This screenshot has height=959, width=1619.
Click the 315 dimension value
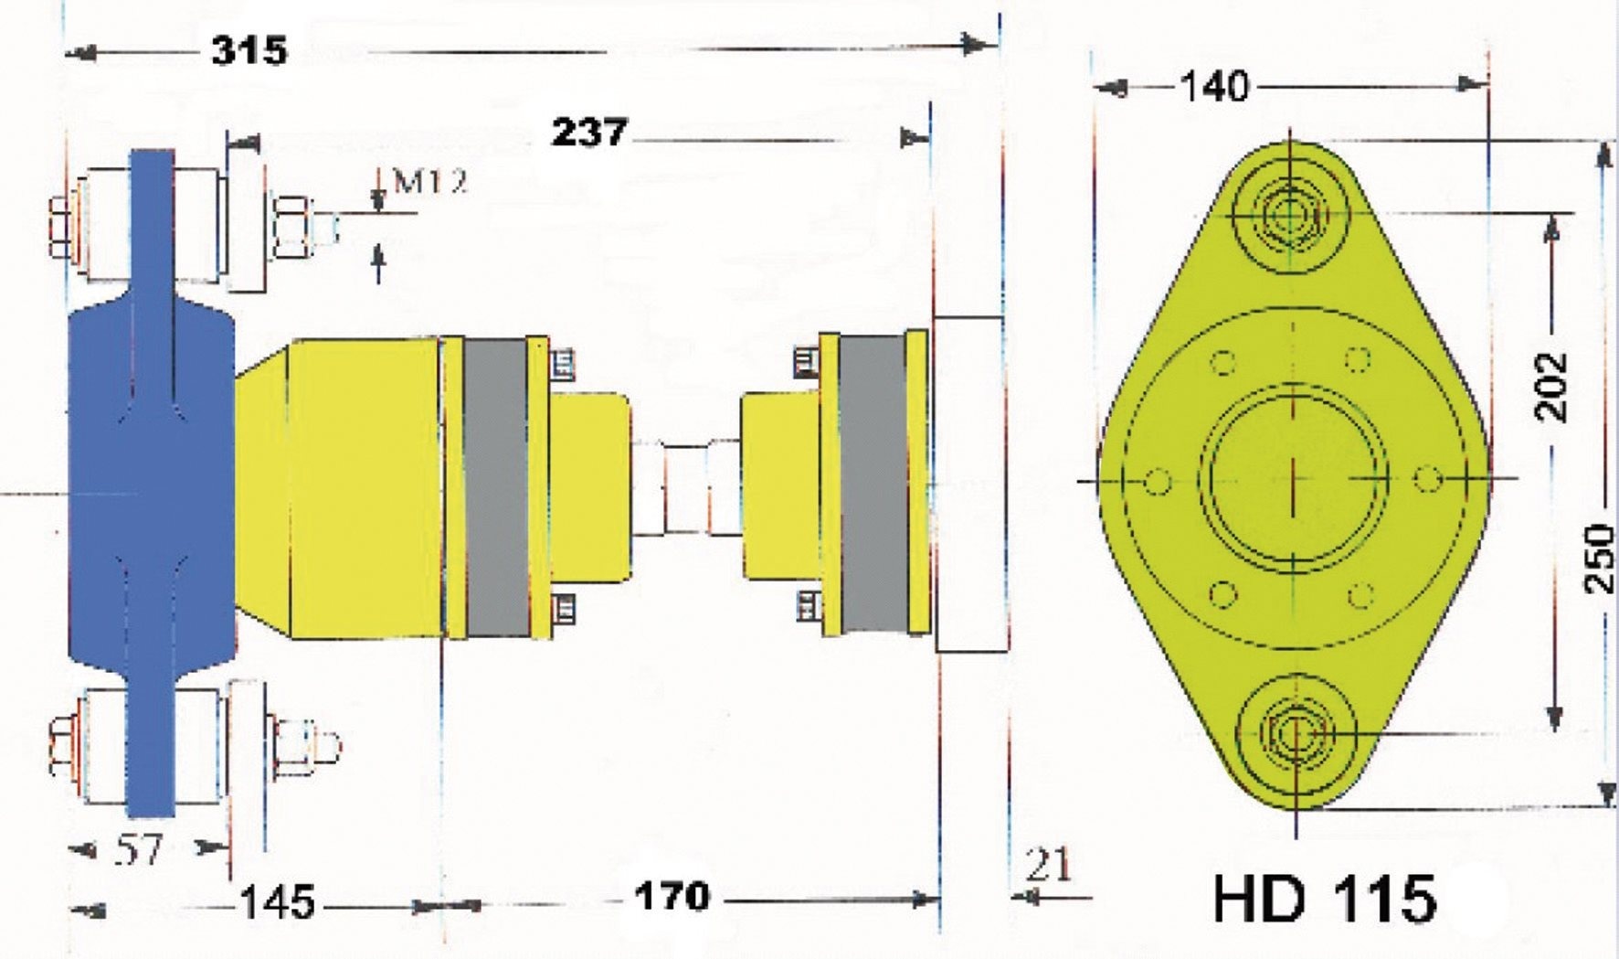[x=249, y=49]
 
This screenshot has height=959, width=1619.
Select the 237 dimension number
[x=589, y=133]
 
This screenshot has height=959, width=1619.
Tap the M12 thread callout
[x=429, y=182]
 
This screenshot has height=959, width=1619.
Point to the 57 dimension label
[x=139, y=851]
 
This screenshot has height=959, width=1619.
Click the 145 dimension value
[x=277, y=903]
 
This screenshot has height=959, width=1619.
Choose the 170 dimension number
[x=672, y=897]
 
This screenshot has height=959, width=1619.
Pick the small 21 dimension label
[x=1047, y=864]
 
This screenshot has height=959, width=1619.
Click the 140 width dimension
[x=1214, y=88]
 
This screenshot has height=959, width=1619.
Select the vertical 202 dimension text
[x=1550, y=386]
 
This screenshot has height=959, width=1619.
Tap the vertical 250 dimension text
[x=1599, y=558]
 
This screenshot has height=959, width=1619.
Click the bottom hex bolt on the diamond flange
[x=1295, y=734]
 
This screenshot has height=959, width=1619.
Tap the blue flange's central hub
[x=152, y=485]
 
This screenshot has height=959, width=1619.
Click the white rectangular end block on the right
[x=969, y=484]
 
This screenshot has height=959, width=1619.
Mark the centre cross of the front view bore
[x=1295, y=478]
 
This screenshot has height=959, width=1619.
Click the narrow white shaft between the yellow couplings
[x=686, y=488]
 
